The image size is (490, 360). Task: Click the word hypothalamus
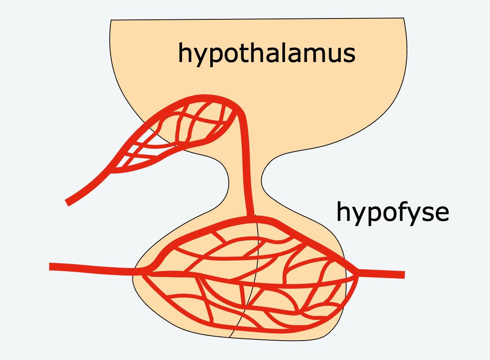(x=267, y=54)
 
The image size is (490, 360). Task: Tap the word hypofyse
(x=392, y=212)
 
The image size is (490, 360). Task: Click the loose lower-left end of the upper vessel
(x=67, y=202)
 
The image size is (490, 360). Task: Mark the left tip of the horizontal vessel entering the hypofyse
(x=50, y=267)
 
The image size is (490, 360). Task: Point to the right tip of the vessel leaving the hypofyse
(x=403, y=275)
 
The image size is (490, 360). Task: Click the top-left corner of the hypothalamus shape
(x=111, y=20)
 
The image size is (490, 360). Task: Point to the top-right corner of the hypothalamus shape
(x=403, y=18)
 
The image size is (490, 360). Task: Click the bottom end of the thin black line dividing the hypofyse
(x=229, y=337)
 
